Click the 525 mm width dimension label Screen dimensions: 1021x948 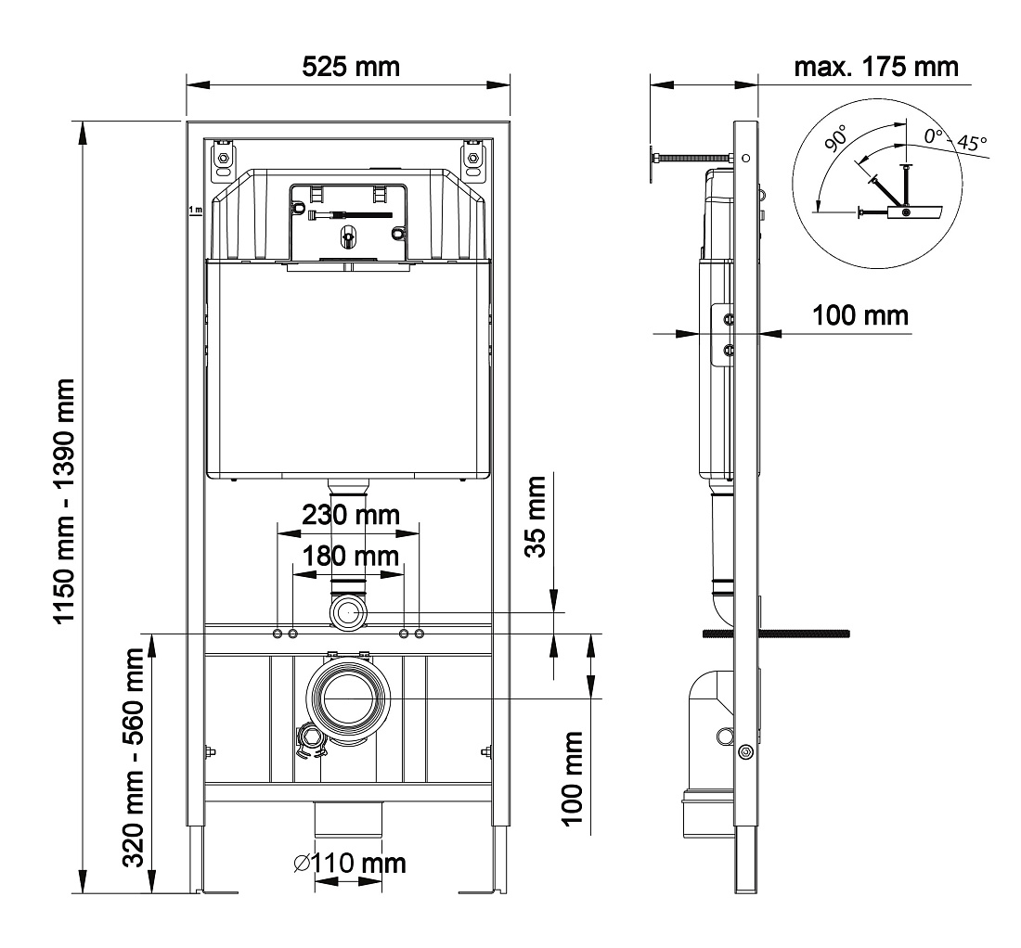pos(350,67)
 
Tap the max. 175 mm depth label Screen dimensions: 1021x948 pos(876,67)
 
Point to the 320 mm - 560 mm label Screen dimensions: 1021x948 pos(135,757)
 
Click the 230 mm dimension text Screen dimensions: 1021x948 pos(350,515)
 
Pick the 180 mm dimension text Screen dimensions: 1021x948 pos(350,557)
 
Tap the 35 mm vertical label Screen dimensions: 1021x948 pos(536,517)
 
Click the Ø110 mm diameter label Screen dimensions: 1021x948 pos(349,864)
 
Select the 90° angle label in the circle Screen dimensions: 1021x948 pos(835,138)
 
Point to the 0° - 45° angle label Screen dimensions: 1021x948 pos(955,139)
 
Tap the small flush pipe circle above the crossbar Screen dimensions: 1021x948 pos(349,612)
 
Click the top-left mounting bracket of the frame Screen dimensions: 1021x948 pos(224,158)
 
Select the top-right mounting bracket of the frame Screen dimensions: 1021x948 pos(473,158)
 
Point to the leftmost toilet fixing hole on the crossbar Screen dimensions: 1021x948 pos(278,634)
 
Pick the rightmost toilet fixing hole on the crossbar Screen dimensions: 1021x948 pos(420,634)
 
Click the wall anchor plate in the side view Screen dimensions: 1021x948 pos(653,165)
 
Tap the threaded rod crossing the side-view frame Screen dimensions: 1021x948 pos(776,634)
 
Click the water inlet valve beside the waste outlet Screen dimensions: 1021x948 pos(311,742)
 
